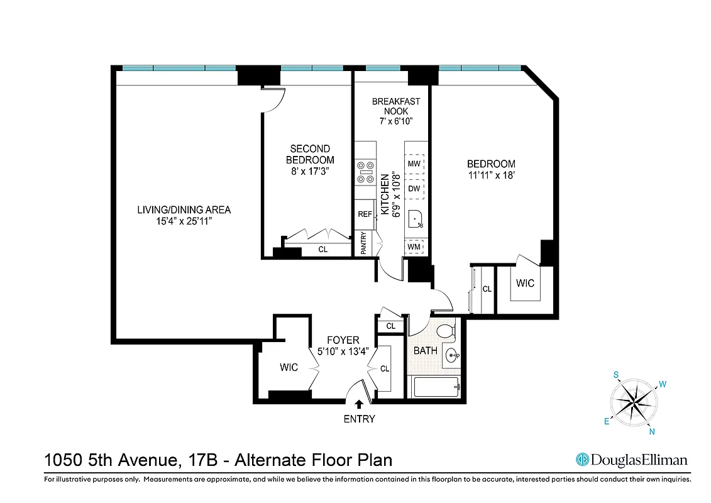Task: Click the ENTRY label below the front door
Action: [359, 419]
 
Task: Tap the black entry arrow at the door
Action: [359, 405]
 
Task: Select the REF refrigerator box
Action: [365, 214]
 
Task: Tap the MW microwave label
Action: [414, 164]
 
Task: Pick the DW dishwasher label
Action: [414, 188]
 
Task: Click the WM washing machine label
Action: [414, 246]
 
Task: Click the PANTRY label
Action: [363, 244]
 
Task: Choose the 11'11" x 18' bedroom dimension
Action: [491, 176]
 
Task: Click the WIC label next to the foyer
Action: [289, 367]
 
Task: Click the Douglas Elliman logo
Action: [632, 460]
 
